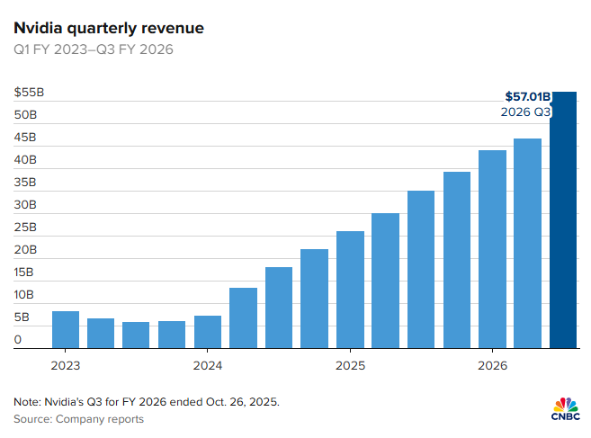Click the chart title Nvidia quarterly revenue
(108, 28)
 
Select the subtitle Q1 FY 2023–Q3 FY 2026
(94, 49)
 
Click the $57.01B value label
(526, 95)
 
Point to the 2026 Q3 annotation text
(524, 112)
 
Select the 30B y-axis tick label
(26, 205)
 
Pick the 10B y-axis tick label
(26, 295)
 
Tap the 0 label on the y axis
(17, 340)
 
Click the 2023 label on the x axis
(65, 366)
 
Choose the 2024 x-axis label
(207, 366)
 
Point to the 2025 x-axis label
(350, 366)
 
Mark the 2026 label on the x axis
(492, 366)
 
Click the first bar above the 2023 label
(65, 330)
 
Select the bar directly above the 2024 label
(207, 332)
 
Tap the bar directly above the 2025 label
(350, 290)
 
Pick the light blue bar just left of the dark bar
(527, 243)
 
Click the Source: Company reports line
(78, 419)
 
